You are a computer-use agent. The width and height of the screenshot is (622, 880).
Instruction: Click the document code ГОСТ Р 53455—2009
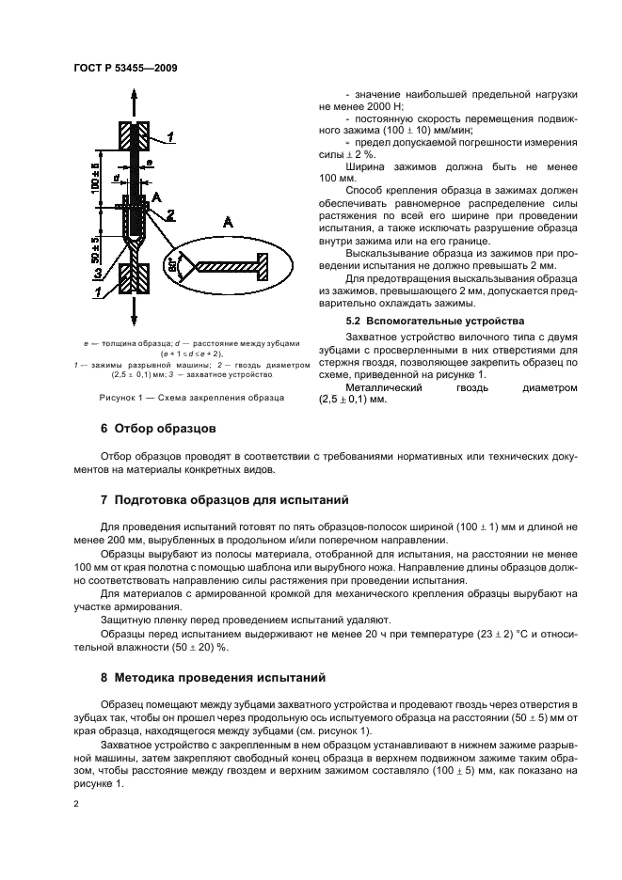pyautogui.click(x=125, y=68)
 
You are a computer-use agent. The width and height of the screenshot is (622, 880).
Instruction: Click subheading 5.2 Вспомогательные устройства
pyautogui.click(x=407, y=322)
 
